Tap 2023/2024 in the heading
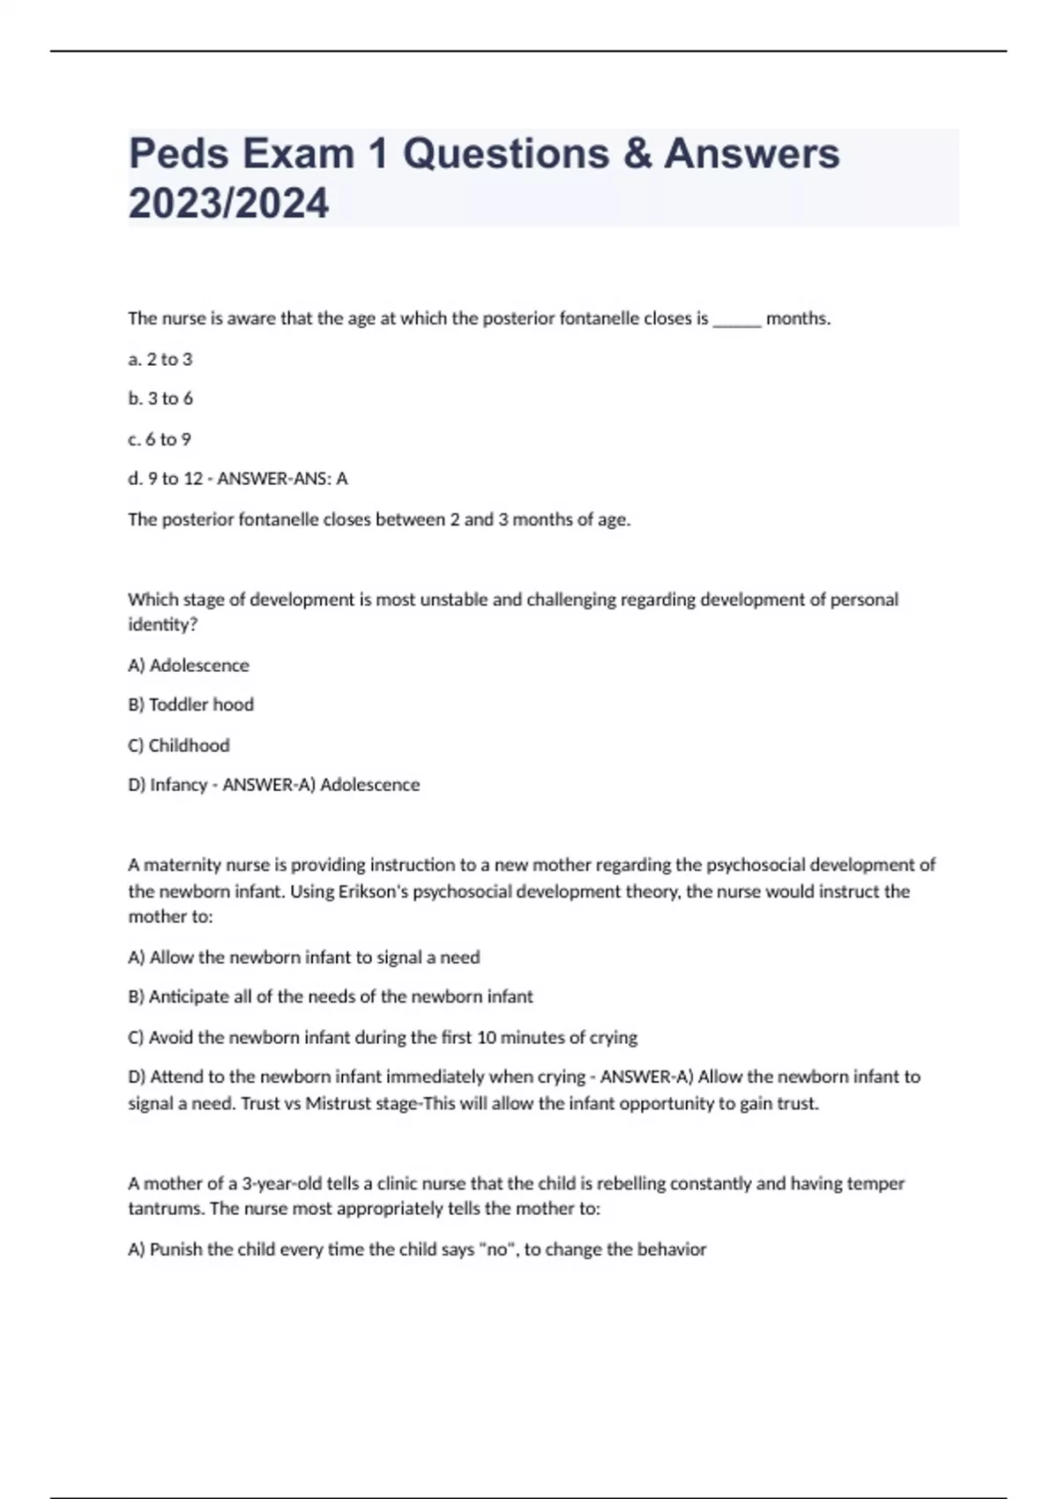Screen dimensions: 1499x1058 [x=228, y=204]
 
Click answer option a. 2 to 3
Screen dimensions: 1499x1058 [x=160, y=359]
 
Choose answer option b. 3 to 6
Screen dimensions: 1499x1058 [x=160, y=399]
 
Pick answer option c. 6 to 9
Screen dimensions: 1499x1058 [x=159, y=439]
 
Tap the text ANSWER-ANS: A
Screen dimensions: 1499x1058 [x=282, y=479]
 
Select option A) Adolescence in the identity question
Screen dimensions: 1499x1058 [x=189, y=666]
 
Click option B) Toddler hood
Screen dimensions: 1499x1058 [x=190, y=705]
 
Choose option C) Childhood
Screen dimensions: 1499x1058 [x=178, y=745]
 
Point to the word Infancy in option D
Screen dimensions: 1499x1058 [x=178, y=785]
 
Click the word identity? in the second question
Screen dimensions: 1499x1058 [x=162, y=625]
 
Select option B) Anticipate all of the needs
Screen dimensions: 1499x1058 [x=331, y=996]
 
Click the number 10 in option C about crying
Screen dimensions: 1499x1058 [x=487, y=1038]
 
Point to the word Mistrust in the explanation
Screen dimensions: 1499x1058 [x=339, y=1103]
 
